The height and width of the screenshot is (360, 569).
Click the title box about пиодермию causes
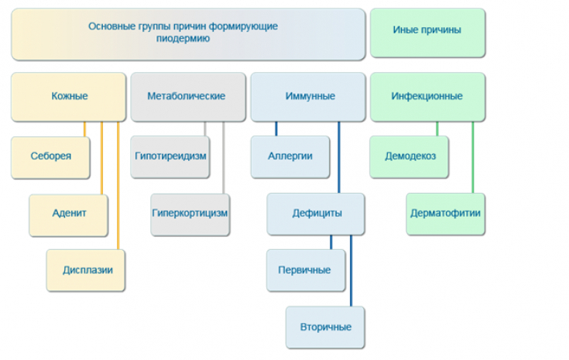point(187,33)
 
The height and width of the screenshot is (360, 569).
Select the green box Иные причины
point(427,33)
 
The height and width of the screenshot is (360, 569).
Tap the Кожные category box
point(69,97)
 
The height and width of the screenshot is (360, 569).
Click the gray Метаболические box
point(187,97)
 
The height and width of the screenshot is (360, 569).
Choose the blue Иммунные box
point(307,97)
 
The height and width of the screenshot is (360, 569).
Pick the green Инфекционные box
point(427,97)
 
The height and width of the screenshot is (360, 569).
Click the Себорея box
point(51,156)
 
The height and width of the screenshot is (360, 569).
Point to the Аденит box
point(69,214)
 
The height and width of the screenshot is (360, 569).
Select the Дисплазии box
point(86,270)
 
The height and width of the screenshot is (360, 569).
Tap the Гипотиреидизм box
point(170,156)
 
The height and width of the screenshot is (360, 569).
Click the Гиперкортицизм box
point(190,214)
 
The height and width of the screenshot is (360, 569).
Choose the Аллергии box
point(290,156)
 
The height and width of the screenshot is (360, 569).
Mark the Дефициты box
point(317,214)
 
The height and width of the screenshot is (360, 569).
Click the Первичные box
point(305,270)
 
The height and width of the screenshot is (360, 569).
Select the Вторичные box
point(325,327)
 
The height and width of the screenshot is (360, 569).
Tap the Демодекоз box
point(410,156)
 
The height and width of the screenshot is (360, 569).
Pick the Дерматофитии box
point(445,214)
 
